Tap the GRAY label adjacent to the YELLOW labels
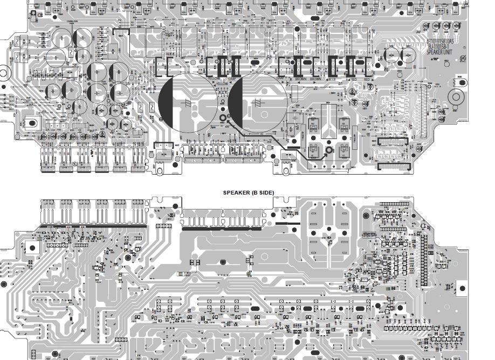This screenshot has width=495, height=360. point(232,80)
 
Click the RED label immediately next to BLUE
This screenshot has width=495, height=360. point(354,80)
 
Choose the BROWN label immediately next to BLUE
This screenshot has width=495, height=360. point(315,80)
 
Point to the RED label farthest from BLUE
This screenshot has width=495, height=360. point(367,80)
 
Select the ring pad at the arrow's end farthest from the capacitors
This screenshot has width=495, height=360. point(329,149)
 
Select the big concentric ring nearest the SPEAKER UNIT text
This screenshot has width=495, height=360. point(456,98)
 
